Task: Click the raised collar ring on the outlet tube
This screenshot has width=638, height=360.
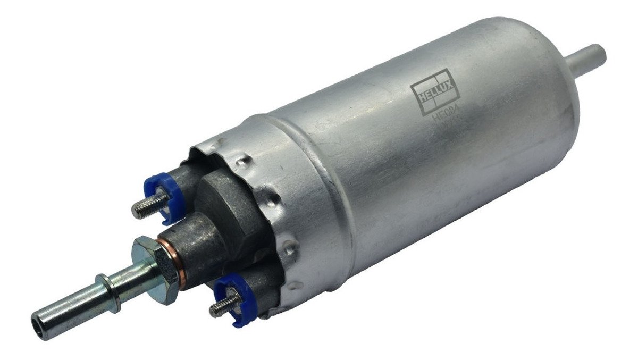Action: click(x=108, y=293)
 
